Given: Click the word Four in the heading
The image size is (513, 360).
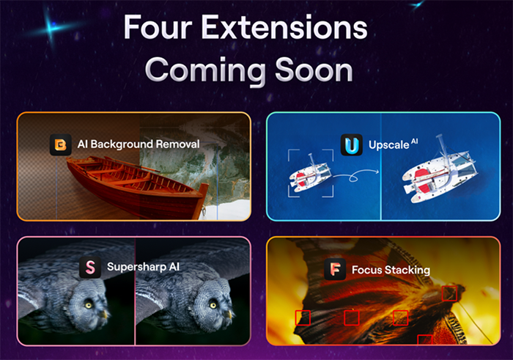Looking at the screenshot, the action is tap(158, 27).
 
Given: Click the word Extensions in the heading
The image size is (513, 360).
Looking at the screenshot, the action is tap(284, 27).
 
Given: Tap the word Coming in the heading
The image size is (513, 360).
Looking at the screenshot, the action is tap(205, 70).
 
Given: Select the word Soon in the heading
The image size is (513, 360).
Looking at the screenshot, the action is tap(314, 70).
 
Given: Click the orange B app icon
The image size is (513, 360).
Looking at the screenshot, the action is tap(61, 144).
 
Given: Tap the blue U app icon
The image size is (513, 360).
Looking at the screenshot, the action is tap(352, 144).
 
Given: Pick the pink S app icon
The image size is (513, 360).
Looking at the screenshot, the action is tap(90, 268).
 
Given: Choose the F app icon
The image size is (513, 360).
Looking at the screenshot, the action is tap(335, 269).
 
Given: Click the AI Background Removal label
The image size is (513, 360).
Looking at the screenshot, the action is tap(139, 144).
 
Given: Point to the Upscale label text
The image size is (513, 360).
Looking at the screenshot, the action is tap(388, 145).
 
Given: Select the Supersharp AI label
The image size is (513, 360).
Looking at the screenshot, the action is tap(144, 267).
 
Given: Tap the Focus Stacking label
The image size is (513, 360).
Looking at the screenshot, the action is tap(391, 270).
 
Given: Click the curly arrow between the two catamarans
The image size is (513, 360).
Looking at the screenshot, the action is tap(355, 176).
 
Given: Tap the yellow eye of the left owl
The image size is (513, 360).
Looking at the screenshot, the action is tap(89, 305).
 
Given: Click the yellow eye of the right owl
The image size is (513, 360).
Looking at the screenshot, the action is tap(213, 305).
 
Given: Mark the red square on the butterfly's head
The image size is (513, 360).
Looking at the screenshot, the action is tap(449, 293).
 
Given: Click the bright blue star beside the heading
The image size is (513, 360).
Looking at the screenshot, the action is tap(50, 28).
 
